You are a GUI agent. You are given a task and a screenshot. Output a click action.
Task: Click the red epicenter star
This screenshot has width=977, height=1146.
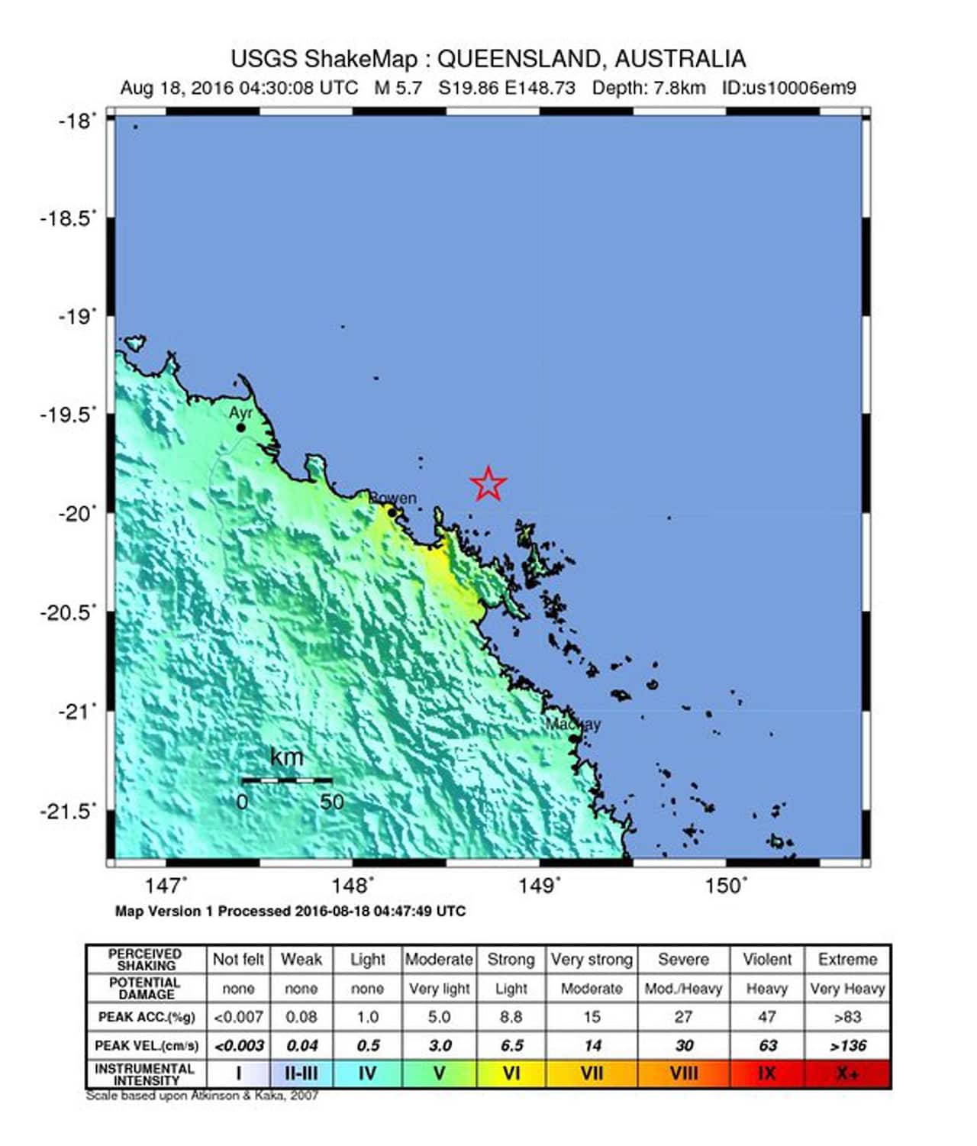[x=488, y=483]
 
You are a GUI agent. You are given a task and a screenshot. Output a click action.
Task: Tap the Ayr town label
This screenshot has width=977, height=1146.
[x=240, y=412]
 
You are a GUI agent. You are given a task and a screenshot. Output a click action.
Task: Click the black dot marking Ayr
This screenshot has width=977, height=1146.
[x=240, y=428]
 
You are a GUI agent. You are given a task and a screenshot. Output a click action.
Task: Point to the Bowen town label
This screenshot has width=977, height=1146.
[x=394, y=498]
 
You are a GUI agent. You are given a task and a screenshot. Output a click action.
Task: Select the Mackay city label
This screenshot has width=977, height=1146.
[x=573, y=724]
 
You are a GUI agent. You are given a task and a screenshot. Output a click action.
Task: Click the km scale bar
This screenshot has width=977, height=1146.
[x=287, y=780]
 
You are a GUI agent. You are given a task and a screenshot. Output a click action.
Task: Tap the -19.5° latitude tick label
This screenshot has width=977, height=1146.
[x=69, y=414]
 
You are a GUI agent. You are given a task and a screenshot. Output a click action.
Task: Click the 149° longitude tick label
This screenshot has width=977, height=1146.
[x=539, y=886]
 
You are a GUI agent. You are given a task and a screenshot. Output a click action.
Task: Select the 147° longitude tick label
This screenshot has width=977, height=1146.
[x=166, y=886]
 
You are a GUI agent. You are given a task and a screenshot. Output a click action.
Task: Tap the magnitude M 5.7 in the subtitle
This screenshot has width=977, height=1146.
[x=398, y=88]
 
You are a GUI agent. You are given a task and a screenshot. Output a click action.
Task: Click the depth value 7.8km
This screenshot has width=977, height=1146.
[x=679, y=88]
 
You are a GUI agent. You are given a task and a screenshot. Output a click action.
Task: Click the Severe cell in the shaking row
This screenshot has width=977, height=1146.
[x=683, y=959]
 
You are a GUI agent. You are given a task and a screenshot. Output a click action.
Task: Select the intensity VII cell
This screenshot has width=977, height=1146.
[x=592, y=1073]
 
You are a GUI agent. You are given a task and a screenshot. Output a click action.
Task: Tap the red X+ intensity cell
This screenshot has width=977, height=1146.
[x=847, y=1073]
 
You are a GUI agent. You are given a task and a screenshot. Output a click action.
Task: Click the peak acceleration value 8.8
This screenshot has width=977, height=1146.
[x=511, y=1017]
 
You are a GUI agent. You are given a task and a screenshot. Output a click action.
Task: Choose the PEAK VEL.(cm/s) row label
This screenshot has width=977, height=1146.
[x=146, y=1045]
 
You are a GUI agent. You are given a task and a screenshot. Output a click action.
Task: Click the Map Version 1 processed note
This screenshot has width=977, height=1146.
[x=290, y=911]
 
